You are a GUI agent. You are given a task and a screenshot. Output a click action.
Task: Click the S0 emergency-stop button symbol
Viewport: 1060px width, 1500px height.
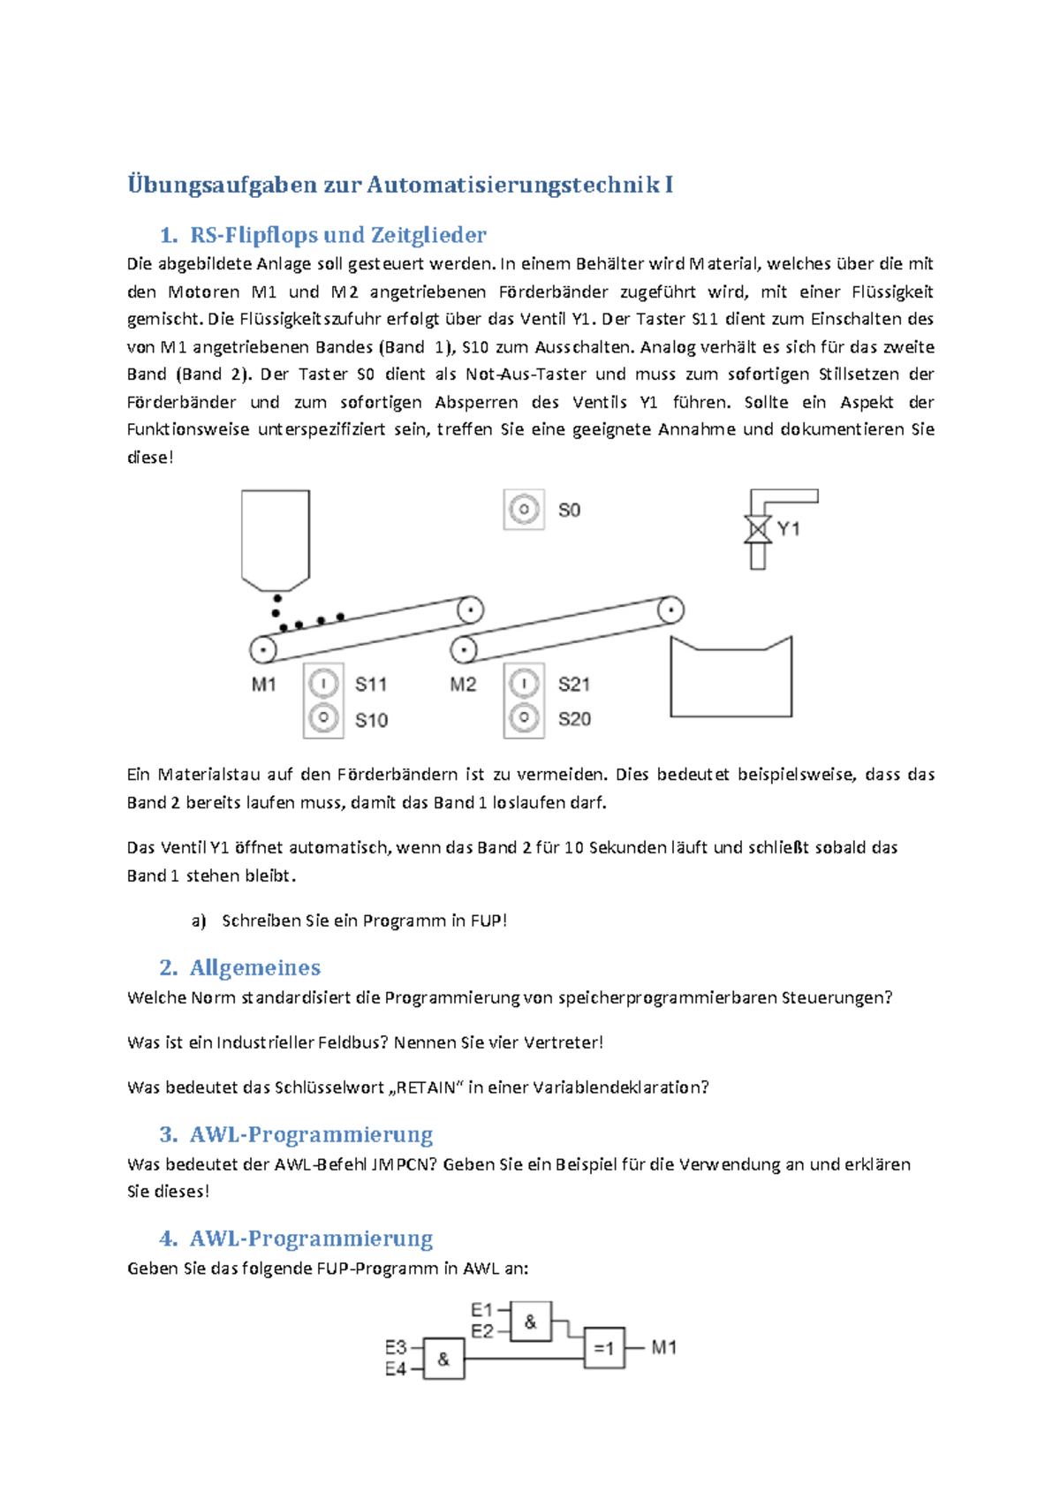[x=524, y=510]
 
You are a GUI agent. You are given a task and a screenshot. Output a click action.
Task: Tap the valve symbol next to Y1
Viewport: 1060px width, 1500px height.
[x=757, y=529]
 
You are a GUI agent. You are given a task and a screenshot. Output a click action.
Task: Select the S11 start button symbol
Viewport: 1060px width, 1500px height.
[x=323, y=683]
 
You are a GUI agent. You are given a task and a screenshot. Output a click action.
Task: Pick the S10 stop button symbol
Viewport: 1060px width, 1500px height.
[x=323, y=718]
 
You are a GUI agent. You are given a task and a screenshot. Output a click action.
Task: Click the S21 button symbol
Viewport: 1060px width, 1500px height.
[x=524, y=683]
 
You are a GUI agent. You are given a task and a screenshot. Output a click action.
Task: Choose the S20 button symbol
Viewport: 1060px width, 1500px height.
[x=524, y=718]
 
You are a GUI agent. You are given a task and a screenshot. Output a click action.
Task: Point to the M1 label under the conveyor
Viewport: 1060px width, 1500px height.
[x=264, y=685]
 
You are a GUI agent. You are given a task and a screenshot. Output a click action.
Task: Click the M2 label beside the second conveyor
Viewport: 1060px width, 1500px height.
[x=463, y=685]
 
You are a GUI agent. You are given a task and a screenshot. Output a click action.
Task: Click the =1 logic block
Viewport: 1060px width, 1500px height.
[x=604, y=1348]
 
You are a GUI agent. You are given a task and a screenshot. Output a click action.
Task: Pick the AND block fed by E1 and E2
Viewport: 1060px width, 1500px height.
[x=530, y=1322]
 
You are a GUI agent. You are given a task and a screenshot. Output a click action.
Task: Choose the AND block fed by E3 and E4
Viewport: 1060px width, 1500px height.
[x=443, y=1359]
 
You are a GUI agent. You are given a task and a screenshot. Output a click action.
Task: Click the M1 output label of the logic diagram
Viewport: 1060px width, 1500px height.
[x=664, y=1348]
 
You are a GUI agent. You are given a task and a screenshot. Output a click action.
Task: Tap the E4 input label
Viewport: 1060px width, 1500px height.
[x=395, y=1369]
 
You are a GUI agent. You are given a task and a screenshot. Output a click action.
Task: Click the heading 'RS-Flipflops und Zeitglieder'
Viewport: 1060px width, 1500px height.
[x=337, y=235]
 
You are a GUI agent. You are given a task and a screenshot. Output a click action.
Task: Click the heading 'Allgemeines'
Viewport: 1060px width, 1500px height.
[x=254, y=967]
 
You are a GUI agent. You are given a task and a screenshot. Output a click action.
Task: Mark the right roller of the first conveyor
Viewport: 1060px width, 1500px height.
[x=470, y=610]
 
